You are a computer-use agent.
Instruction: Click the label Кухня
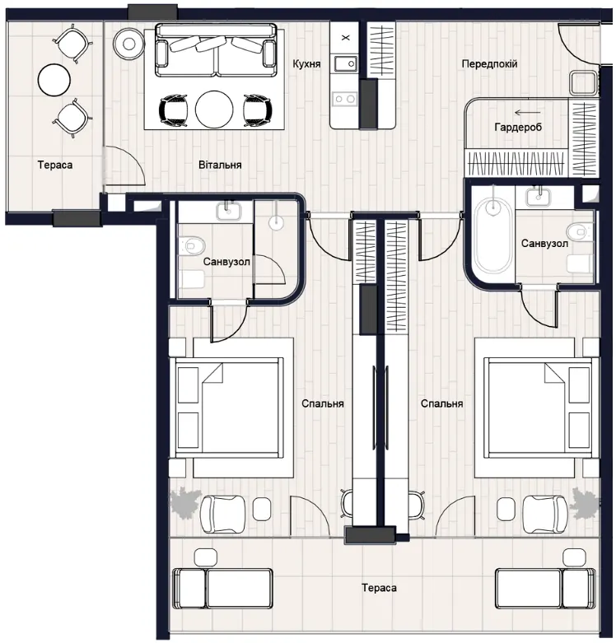point(306,64)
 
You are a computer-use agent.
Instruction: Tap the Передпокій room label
point(489,64)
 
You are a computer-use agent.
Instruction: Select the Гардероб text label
point(518,127)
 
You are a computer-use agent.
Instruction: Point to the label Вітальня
point(220,165)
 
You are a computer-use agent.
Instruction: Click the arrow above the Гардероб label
point(527,112)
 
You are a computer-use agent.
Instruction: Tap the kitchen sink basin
point(345,64)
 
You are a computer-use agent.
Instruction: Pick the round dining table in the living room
point(214,109)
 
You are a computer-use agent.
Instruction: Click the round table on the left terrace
point(54,80)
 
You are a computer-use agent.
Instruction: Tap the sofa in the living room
point(216,50)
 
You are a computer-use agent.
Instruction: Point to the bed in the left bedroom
point(230,408)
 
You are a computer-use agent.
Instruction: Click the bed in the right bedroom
point(538,408)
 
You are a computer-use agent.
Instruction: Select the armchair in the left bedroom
point(222,509)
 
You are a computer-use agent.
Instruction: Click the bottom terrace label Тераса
point(379,588)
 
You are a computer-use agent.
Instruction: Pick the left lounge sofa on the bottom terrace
point(222,589)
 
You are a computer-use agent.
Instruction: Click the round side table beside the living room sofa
point(129,43)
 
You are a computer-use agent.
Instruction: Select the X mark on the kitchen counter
point(346,38)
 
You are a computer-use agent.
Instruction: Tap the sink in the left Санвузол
point(229,212)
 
